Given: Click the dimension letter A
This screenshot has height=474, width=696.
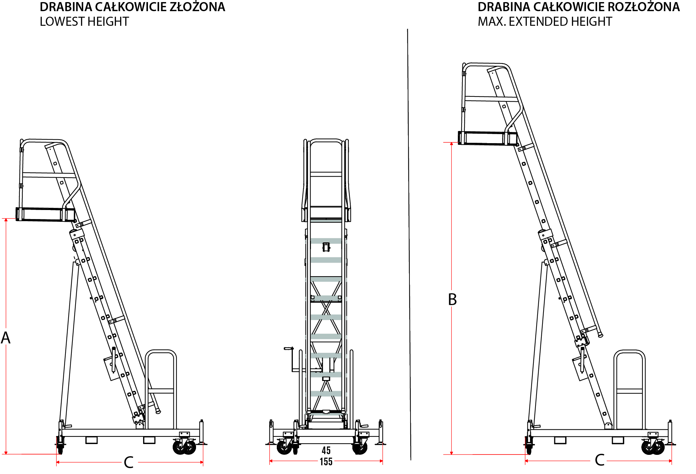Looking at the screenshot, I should tap(6, 338).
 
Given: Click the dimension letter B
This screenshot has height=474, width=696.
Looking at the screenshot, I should tap(452, 300).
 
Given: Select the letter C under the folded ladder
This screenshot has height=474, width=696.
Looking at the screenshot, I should tap(128, 463).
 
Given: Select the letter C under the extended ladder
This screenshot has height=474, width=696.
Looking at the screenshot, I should tap(600, 460).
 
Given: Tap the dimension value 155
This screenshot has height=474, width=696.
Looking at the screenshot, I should tap(326, 462).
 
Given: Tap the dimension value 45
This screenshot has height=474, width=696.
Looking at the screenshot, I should tap(326, 450).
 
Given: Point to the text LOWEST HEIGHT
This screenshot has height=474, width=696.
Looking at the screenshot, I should tap(84, 22).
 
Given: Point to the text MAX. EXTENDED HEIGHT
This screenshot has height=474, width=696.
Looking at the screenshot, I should tap(545, 22).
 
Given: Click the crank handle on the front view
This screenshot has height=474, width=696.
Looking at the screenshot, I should tap(289, 349).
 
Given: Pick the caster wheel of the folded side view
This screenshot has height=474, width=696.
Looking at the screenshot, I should tap(185, 447).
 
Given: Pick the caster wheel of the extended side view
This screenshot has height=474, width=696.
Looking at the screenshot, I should tap(653, 447).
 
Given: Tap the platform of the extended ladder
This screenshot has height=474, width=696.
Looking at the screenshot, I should tap(487, 138).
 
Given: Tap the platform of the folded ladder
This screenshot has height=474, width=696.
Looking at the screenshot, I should tap(45, 214).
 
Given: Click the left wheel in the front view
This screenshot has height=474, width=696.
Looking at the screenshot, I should tap(284, 447).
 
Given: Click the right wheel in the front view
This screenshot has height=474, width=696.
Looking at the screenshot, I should tap(360, 448).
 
